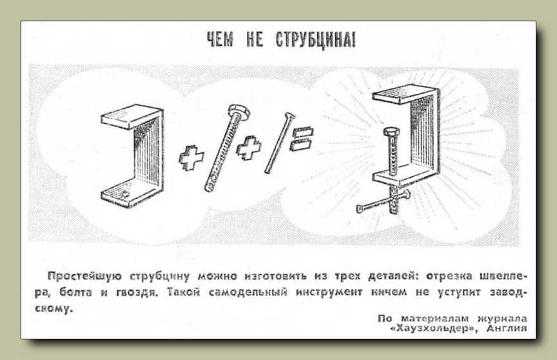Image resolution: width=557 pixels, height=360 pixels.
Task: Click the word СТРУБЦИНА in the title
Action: pos(315,39)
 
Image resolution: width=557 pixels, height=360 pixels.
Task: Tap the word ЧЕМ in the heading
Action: pos(220,39)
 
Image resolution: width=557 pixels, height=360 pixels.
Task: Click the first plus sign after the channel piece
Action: pos(191,157)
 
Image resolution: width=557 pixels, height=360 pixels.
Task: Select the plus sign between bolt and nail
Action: pos(249,148)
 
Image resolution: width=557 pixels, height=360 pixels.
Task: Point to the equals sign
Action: pos(302,139)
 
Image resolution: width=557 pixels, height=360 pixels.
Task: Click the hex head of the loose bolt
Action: pos(239,112)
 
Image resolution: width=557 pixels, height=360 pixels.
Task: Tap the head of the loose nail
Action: pos(289,116)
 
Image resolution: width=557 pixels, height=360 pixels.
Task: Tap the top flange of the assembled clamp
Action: pos(405,94)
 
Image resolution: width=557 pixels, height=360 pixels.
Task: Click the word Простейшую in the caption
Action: pos(84,276)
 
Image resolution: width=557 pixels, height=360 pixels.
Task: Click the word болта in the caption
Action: pos(75,292)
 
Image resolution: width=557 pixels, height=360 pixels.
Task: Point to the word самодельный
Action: pos(248,292)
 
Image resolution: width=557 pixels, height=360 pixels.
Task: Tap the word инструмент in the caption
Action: pos(329,292)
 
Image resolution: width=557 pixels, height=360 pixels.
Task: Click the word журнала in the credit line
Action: pos(502,319)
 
